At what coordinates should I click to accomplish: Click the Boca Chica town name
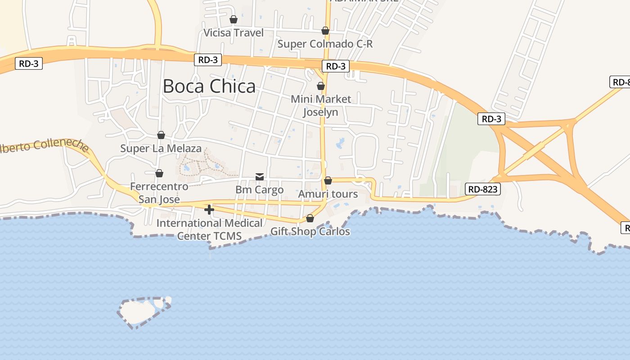click(209, 86)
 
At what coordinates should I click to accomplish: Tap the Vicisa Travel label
click(234, 32)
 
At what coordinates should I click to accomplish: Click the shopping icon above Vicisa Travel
click(234, 19)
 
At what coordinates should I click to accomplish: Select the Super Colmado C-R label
click(325, 44)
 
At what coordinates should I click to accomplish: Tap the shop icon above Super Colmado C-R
click(325, 31)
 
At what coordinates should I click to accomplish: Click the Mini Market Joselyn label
click(320, 105)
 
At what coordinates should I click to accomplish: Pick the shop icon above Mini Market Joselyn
click(321, 85)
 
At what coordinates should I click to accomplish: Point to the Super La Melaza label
click(161, 148)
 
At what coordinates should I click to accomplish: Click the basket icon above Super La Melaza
click(161, 135)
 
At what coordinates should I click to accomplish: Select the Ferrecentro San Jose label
click(159, 193)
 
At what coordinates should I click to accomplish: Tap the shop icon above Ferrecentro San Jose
click(159, 173)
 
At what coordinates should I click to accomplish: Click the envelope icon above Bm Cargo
click(260, 176)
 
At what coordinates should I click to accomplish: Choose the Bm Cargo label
click(260, 189)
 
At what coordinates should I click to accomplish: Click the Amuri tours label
click(328, 194)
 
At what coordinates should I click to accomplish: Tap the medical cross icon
click(209, 210)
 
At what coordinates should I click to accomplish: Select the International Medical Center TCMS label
click(209, 229)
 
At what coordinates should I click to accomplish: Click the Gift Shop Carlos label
click(310, 231)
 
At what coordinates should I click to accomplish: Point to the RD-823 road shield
click(483, 189)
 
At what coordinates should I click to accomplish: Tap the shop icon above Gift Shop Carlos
click(310, 219)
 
